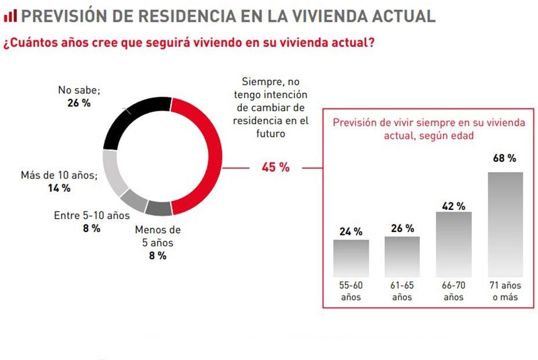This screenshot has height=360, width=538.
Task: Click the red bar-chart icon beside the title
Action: point(10,16)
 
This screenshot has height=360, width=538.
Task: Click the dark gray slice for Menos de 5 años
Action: point(158,207)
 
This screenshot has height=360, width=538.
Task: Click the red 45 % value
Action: point(275,168)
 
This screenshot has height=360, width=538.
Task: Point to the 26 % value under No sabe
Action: point(79,103)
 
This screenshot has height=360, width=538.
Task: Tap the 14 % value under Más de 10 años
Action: point(59,188)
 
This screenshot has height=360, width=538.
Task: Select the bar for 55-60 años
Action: point(351,258)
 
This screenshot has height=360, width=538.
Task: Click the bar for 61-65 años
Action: point(402,257)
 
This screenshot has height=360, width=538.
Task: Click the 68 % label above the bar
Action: point(504,158)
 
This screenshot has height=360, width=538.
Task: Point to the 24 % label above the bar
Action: point(351,231)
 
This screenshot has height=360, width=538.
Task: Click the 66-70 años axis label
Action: point(453,291)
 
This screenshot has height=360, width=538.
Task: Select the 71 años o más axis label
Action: point(505,291)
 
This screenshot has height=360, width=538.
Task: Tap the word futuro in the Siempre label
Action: point(270,133)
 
